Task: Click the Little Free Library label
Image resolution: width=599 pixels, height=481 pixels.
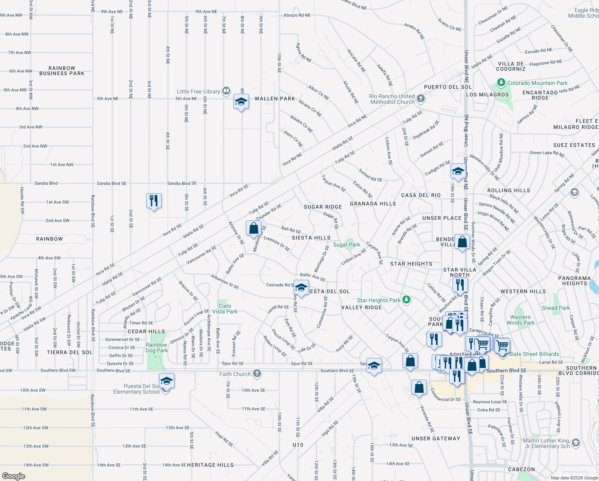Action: [198, 91]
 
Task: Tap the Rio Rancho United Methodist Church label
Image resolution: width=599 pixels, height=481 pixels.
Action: [392, 99]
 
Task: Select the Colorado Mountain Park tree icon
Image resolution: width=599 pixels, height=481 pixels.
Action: [501, 83]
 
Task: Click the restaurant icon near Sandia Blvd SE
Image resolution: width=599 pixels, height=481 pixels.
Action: [154, 200]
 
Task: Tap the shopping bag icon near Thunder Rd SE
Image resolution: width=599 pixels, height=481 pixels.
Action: [253, 228]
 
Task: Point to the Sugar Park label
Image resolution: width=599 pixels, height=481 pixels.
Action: [346, 245]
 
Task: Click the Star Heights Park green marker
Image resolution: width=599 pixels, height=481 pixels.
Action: [406, 299]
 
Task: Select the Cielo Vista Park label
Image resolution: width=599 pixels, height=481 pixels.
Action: [225, 309]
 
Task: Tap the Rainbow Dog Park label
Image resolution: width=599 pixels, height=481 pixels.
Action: [156, 348]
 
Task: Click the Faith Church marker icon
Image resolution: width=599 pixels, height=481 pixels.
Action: [257, 374]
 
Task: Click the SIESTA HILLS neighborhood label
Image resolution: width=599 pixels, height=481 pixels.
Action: [311, 238]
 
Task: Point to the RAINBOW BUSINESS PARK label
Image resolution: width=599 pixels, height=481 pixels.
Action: [62, 71]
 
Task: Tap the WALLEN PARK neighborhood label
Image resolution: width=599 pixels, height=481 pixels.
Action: [275, 99]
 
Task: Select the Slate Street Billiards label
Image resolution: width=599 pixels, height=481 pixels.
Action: [534, 354]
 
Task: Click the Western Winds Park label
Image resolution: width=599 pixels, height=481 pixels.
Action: [521, 320]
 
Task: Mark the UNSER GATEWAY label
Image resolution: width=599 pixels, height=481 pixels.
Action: [436, 439]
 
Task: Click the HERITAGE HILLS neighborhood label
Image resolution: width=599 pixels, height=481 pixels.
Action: [210, 465]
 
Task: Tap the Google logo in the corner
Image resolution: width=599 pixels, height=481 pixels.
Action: [14, 476]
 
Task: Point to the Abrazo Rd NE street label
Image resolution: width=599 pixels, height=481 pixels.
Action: [297, 15]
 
